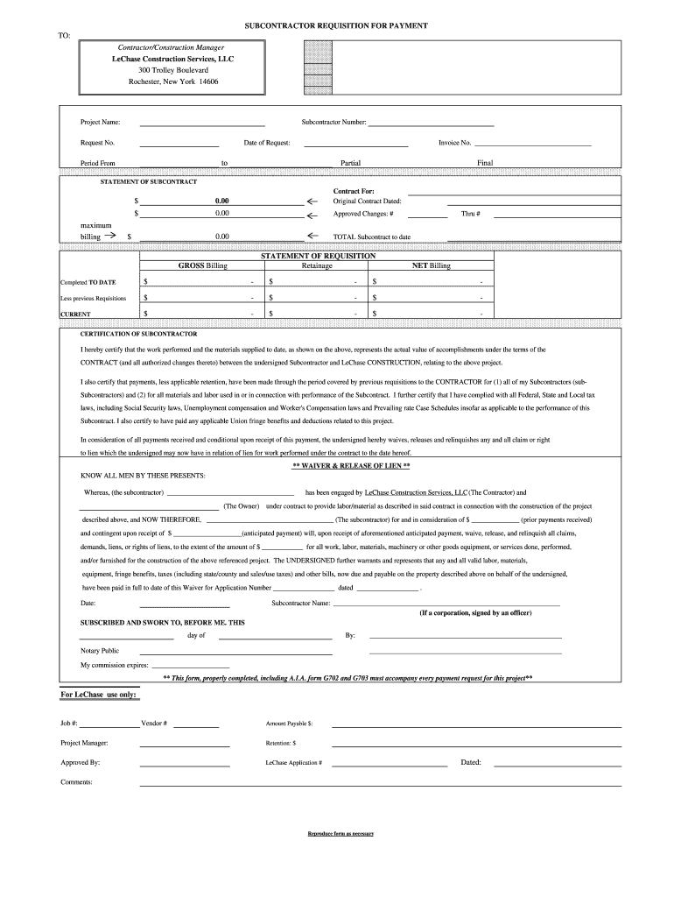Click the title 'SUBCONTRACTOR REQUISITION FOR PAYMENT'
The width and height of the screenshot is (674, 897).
point(348,26)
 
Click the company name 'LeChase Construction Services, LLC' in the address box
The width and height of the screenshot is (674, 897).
point(172,58)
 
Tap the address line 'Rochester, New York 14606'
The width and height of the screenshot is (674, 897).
point(172,81)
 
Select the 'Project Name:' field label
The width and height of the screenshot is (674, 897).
point(100,122)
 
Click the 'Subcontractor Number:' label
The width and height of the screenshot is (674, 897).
point(333,122)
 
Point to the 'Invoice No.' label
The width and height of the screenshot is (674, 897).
point(454,142)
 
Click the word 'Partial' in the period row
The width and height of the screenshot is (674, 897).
point(350,163)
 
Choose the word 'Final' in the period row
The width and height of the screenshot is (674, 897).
point(485,163)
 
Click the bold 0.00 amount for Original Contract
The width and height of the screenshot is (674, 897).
point(221,201)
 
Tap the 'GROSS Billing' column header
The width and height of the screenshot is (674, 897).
point(202,265)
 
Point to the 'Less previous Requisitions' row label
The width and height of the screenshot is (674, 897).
point(93,298)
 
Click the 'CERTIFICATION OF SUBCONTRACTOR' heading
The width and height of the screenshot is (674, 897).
point(138,334)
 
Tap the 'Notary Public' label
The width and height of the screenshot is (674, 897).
point(100,651)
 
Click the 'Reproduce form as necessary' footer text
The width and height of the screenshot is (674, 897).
point(341,833)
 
